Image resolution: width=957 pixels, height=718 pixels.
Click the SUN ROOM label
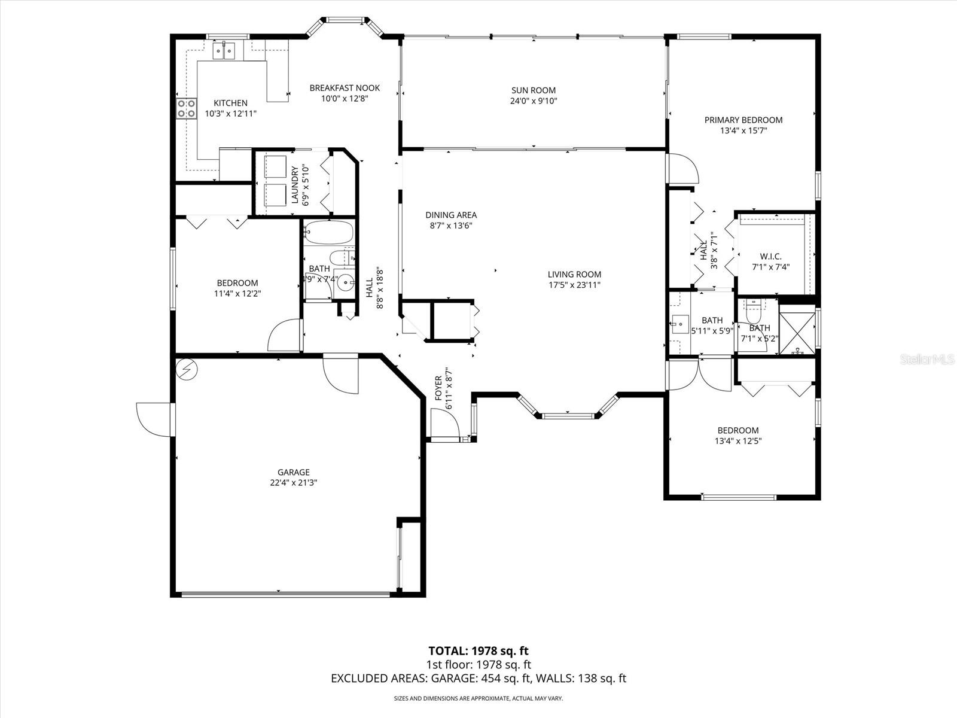(533, 90)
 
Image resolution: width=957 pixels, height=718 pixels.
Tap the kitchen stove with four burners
(187, 108)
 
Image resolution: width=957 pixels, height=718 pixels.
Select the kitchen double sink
(224, 51)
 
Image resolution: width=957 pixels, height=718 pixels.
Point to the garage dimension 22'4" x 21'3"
(293, 483)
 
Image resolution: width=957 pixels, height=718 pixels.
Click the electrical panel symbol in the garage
(186, 370)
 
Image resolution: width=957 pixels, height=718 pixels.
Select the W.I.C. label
(771, 256)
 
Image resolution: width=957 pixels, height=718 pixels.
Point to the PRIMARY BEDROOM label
(743, 120)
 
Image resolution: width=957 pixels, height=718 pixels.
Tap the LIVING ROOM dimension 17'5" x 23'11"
(574, 285)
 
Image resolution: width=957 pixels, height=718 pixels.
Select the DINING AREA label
(451, 215)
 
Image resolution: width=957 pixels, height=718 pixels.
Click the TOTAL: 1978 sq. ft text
(478, 651)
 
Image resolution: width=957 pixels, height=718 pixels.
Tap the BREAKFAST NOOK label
(345, 88)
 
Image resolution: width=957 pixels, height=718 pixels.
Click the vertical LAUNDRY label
(295, 185)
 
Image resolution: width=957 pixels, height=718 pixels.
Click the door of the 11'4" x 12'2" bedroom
(284, 337)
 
